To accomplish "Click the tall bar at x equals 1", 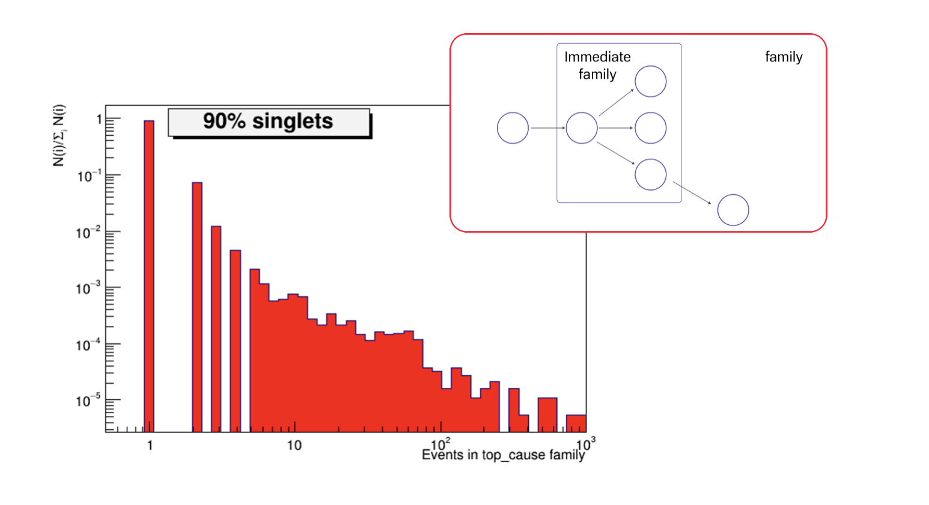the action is (149, 276).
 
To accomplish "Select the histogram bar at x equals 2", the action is (197, 307).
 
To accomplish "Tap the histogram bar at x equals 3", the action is (216, 329).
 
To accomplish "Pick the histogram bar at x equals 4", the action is (235, 341).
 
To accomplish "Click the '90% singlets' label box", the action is (269, 122).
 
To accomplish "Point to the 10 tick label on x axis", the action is (294, 445).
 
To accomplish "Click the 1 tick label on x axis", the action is (150, 445).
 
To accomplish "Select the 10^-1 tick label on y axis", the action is (89, 177).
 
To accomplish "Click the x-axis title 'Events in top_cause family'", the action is (504, 455).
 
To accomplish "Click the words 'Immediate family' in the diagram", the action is (597, 66).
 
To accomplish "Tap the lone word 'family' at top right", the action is (784, 57).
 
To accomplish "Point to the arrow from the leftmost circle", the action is (548, 128).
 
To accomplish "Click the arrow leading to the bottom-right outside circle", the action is (692, 192).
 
